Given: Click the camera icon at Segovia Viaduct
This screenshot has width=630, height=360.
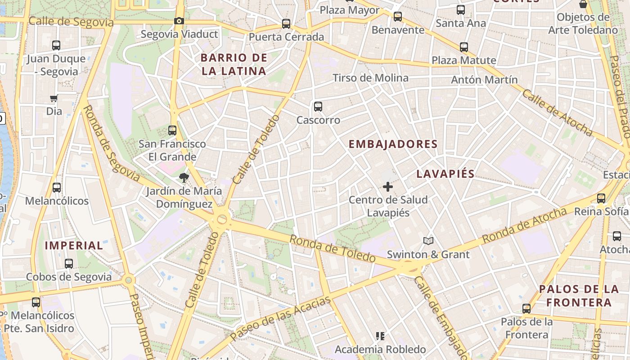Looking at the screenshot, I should pos(179,21).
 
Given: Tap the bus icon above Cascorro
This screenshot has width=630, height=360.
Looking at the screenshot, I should pos(318,107).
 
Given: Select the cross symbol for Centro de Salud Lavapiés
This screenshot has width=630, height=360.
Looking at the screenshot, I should pos(387,187).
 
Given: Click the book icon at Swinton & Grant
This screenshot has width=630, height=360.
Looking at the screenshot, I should pos(428,241).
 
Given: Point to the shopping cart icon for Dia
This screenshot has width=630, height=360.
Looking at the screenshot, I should pos(54,98).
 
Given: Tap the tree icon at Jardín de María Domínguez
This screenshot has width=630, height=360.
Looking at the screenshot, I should pos(184,178).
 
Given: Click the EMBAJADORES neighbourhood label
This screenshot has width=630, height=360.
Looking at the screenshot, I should pos(393,144).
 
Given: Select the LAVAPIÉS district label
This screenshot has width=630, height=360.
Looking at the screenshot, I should pos(445,174).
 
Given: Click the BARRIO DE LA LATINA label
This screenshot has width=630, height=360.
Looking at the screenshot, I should pos(234,64).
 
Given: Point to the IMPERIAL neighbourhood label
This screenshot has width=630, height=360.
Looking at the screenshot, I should pos(74,245).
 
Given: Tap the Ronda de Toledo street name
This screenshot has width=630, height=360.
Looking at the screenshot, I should pos(332,248).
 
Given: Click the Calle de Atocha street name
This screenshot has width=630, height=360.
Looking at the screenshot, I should pos(558,112).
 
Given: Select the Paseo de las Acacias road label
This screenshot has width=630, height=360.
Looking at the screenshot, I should pos(280,319).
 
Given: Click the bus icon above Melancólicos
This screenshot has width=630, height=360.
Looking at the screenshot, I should pos(57,188).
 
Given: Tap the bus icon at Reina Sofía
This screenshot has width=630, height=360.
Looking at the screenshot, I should pos(601,198).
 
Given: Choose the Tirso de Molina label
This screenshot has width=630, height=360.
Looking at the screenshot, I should pos(370,78).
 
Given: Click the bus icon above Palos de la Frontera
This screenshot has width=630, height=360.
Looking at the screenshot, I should pos(526,309).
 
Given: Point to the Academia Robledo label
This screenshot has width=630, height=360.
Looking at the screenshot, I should pos(380,349).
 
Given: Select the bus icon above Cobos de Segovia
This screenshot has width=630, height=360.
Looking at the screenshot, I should pos(69,264).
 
